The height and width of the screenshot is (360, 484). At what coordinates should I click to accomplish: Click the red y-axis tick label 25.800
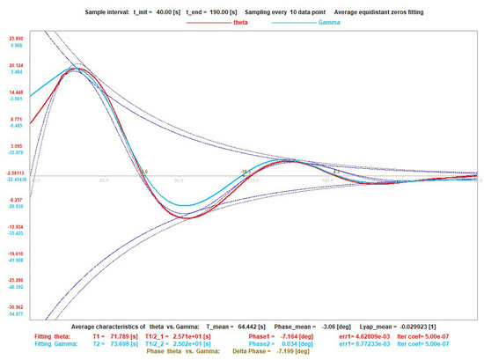[x=16, y=40]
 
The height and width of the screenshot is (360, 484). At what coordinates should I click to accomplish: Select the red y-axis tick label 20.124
[x=16, y=66]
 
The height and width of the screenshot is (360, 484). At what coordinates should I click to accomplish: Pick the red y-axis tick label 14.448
[x=16, y=92]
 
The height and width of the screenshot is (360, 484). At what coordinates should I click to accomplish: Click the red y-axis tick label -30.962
[x=16, y=307]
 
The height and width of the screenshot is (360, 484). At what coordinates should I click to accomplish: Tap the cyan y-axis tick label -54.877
[x=16, y=313]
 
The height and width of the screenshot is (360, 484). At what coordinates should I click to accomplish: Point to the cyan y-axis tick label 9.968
[x=16, y=46]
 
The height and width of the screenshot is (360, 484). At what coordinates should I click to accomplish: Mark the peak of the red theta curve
[x=77, y=69]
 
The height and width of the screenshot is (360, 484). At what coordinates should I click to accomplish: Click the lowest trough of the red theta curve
[x=189, y=217]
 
